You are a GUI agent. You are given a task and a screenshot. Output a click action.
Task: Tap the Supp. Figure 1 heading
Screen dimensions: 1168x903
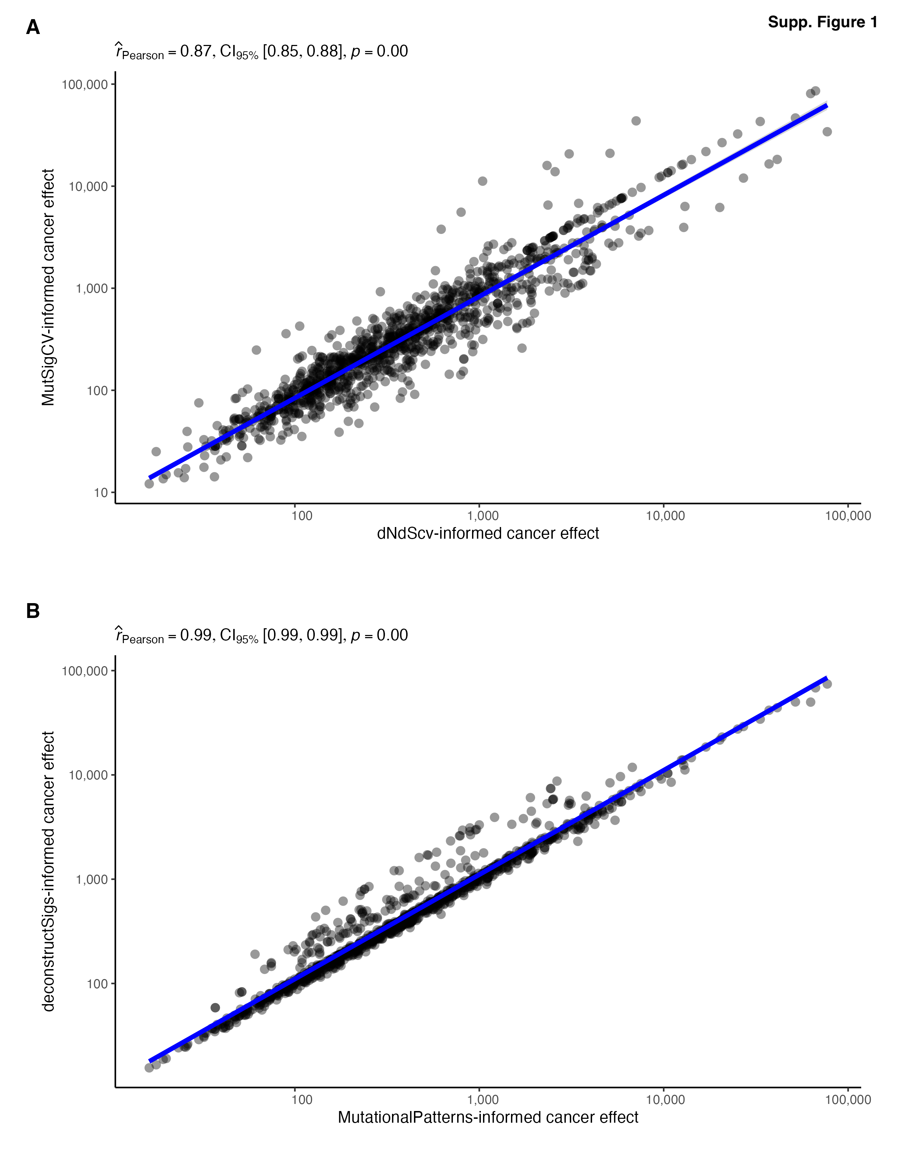(822, 22)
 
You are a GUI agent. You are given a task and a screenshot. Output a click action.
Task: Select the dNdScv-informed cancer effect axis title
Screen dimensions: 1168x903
(488, 534)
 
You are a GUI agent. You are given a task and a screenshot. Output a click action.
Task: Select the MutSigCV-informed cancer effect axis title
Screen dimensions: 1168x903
(48, 288)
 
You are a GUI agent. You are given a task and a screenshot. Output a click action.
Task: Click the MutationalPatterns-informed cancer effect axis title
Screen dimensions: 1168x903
(488, 1118)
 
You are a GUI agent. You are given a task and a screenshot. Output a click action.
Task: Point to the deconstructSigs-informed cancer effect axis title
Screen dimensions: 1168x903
(48, 872)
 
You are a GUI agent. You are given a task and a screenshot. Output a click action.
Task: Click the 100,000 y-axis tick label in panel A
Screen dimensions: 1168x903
(85, 85)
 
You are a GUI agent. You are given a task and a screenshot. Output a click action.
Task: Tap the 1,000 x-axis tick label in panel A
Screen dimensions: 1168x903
(483, 516)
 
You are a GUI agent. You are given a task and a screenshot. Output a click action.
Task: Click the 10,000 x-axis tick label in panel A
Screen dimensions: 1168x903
(665, 516)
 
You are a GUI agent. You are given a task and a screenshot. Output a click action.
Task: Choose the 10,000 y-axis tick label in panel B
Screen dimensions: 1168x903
(88, 775)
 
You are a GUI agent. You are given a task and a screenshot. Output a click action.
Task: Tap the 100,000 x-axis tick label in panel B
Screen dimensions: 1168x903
(848, 1100)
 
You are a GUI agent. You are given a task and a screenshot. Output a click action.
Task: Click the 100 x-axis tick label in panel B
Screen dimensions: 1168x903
(302, 1100)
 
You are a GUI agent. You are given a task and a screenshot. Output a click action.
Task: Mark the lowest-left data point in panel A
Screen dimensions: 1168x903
(149, 483)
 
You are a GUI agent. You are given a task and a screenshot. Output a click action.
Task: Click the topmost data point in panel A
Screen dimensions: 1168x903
(815, 91)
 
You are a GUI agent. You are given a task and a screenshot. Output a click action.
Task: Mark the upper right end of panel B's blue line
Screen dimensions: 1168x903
(827, 678)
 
